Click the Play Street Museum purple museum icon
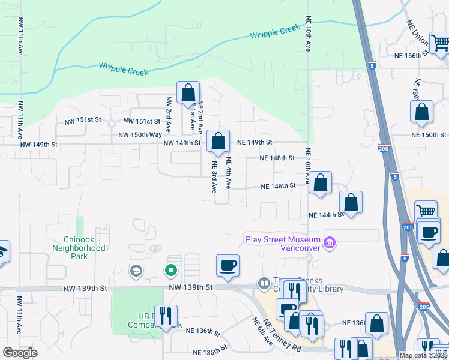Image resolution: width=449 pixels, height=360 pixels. (329, 243)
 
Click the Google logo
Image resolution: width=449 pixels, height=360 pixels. (20, 353)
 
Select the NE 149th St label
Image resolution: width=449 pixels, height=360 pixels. (255, 142)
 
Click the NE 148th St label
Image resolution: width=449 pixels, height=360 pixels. (277, 158)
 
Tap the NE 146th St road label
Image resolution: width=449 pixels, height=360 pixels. (279, 187)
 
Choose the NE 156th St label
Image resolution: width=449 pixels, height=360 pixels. (411, 55)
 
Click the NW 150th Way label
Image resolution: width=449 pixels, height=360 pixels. (140, 136)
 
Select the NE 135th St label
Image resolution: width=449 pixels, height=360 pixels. (210, 348)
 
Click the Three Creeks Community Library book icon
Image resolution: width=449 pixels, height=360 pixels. (264, 283)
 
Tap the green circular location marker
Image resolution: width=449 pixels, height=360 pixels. (171, 270)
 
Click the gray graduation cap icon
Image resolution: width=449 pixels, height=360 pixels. (136, 271)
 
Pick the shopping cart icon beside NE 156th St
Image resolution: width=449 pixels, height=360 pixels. (440, 43)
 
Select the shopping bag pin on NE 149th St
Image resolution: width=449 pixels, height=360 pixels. (218, 142)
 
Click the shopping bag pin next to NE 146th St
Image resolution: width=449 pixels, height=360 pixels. (321, 182)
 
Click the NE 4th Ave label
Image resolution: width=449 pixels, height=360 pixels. (229, 172)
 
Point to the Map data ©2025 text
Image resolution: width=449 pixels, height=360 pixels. (424, 355)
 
